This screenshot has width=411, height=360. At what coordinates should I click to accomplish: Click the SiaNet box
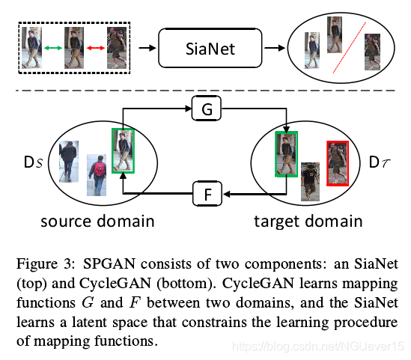(x=210, y=48)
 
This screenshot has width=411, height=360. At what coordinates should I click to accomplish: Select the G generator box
(x=207, y=109)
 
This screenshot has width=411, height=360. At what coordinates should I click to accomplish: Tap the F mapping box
(x=207, y=194)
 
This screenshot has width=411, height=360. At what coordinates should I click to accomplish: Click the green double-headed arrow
(x=53, y=48)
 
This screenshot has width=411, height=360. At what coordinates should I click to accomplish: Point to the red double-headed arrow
(x=96, y=48)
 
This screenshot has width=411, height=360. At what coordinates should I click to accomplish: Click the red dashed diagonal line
(x=350, y=47)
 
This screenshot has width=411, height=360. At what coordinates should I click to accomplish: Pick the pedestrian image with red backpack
(x=97, y=175)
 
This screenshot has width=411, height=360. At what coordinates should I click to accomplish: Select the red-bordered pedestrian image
(x=338, y=163)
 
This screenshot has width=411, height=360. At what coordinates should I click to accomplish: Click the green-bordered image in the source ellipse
(x=123, y=150)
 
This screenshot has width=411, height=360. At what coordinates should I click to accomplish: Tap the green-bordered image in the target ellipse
(x=286, y=154)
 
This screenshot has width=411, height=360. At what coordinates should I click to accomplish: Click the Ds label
(x=33, y=162)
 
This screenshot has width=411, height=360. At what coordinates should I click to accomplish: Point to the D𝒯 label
(x=380, y=162)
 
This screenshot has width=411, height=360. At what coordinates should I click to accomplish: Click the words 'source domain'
(x=97, y=221)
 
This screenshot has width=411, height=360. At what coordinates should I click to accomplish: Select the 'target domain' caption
(x=308, y=222)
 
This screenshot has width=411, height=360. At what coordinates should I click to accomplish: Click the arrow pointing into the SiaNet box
(x=147, y=48)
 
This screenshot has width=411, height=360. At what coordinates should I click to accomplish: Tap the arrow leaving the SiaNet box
(x=275, y=48)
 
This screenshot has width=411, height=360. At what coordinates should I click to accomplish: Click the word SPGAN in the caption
(x=109, y=263)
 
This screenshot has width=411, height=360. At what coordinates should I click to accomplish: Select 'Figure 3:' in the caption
(x=46, y=263)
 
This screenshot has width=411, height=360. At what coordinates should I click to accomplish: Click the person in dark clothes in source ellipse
(x=69, y=162)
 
